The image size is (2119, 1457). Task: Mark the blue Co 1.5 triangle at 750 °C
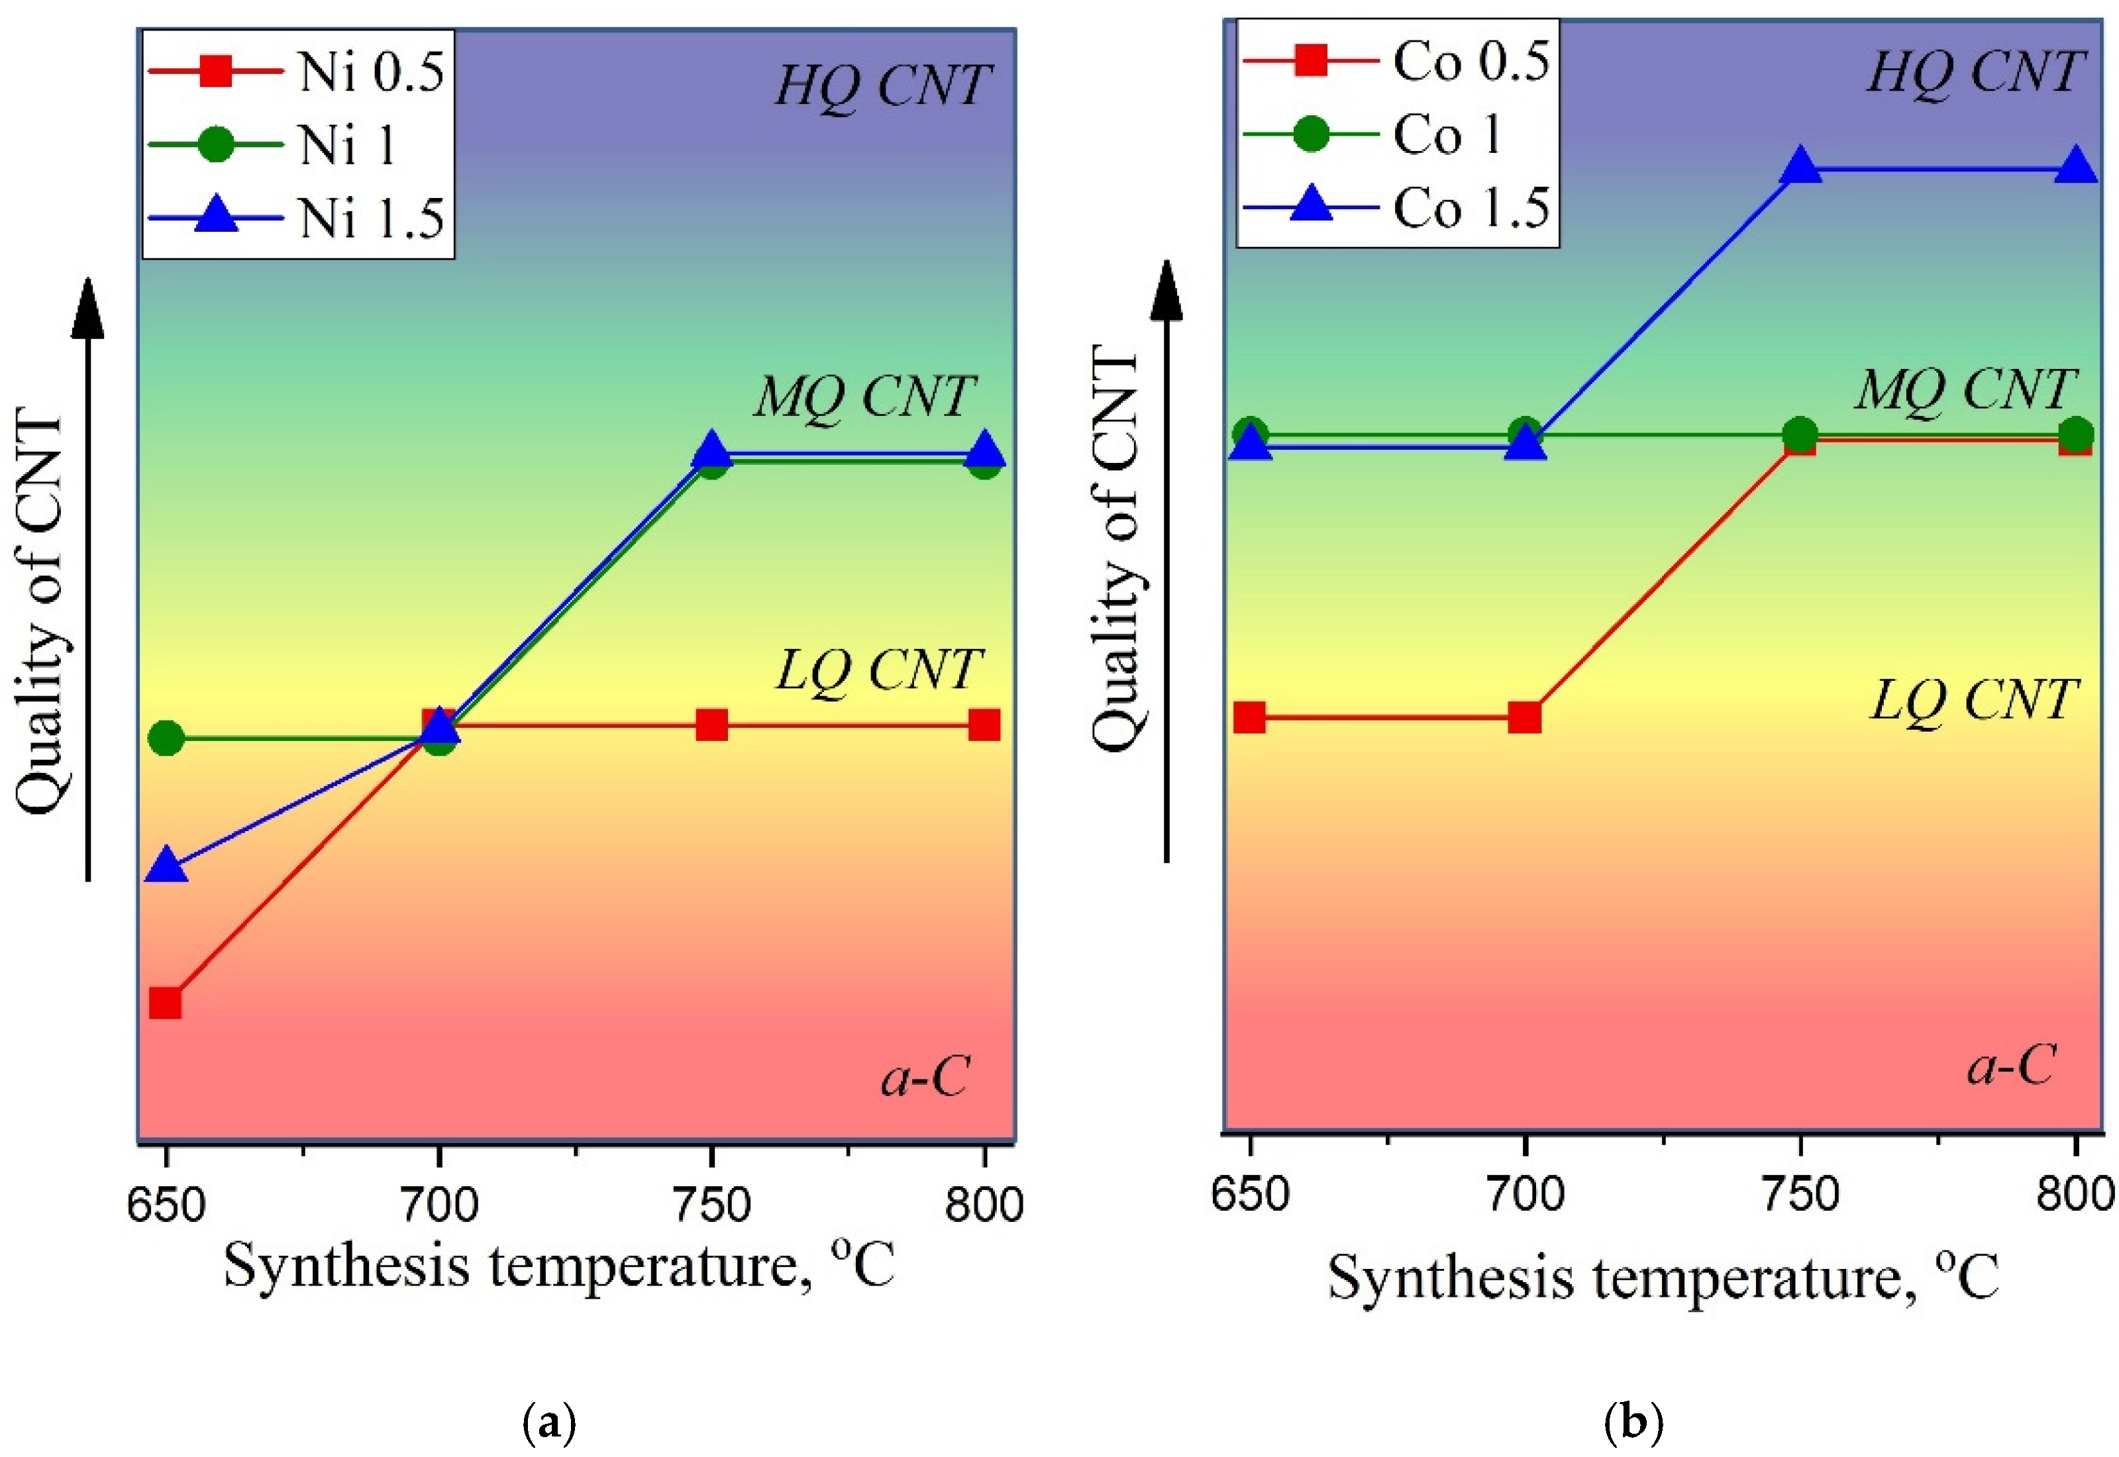tap(1800, 166)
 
